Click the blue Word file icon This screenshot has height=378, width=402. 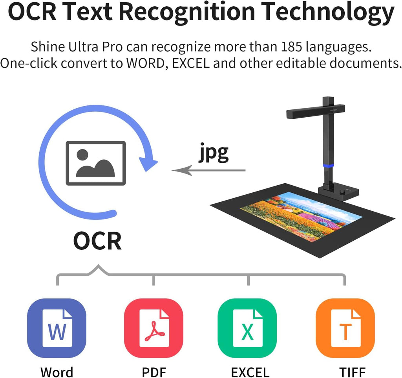[x=57, y=328]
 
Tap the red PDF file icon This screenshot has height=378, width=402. [x=153, y=328]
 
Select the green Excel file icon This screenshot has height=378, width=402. [x=247, y=328]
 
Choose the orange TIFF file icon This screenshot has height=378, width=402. [x=345, y=328]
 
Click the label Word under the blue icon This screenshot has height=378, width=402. [x=57, y=372]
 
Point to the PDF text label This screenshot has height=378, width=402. [x=154, y=372]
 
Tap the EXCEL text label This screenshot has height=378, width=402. [x=250, y=372]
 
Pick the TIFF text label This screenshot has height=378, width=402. [x=352, y=372]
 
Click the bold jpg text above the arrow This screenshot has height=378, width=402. [x=213, y=153]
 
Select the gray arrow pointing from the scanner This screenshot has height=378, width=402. [x=208, y=170]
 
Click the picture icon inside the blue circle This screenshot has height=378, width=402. [x=96, y=163]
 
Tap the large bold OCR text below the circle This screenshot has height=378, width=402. [x=97, y=241]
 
